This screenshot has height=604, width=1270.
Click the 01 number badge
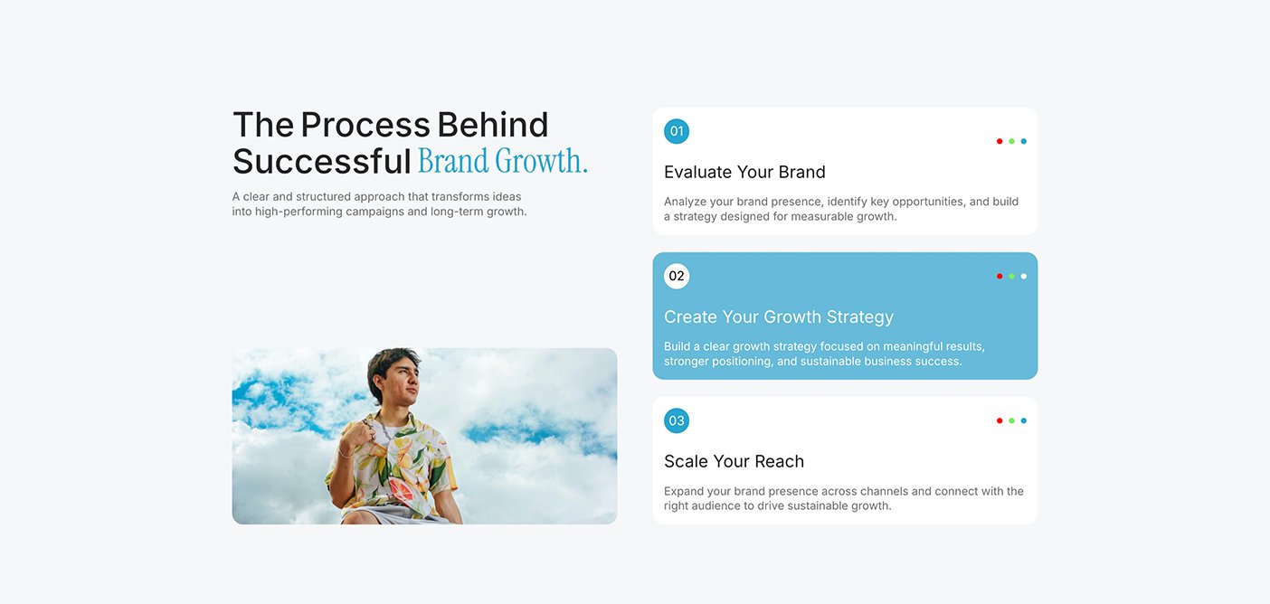tap(677, 131)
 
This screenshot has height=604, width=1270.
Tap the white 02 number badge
tap(677, 276)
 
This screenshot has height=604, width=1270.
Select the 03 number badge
tap(677, 420)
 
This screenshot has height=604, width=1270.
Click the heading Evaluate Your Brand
tap(744, 172)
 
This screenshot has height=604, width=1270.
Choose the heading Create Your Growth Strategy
tap(779, 316)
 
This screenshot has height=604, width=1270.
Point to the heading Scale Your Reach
tap(734, 461)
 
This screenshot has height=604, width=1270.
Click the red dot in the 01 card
tap(1000, 141)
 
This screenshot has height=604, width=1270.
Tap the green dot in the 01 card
tap(1011, 141)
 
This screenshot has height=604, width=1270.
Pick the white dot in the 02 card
tap(1023, 276)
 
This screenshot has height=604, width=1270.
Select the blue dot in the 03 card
tap(1023, 420)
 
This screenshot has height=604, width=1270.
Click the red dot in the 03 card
tap(1000, 420)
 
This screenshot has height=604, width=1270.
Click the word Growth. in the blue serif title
tap(541, 162)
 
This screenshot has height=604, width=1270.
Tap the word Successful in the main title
tap(321, 162)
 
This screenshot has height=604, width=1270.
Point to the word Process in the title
tap(365, 125)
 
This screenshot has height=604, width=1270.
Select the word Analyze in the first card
tap(685, 202)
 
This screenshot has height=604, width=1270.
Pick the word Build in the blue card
tap(677, 346)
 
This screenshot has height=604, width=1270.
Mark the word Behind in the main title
tap(492, 125)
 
